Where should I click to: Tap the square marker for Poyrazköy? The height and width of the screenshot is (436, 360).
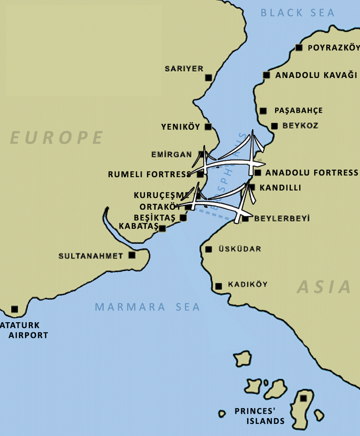298,48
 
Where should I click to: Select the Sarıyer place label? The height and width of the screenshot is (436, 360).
184,69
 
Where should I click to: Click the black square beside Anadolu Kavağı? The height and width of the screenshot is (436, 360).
266,75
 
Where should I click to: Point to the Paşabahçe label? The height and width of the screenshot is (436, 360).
298,110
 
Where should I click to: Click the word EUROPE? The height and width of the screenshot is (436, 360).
57,137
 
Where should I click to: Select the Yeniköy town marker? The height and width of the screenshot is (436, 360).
209,127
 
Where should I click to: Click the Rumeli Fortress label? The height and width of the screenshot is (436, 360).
149,174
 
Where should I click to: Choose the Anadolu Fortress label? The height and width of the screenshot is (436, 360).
312,173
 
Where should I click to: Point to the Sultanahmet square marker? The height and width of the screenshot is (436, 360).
132,255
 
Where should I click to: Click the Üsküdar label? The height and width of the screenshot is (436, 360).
240,249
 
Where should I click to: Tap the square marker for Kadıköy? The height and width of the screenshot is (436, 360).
218,286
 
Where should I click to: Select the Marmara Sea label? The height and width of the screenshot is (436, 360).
147,307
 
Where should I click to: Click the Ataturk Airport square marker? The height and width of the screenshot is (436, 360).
15,309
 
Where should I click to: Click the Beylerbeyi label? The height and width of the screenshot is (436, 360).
282,219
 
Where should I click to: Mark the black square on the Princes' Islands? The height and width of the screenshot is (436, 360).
303,398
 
